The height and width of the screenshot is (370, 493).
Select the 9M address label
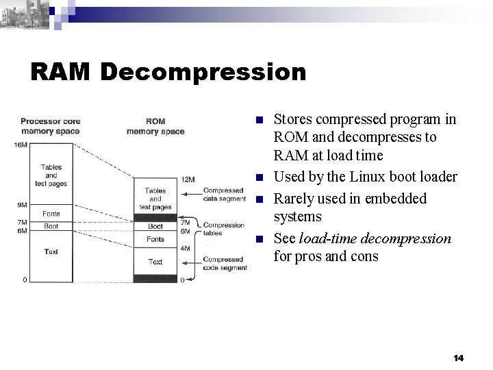coord(22,203)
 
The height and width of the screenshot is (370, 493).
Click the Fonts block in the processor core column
coord(51,214)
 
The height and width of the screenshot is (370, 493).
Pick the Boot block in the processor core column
coord(51,225)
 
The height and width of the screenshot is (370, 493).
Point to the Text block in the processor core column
coord(51,251)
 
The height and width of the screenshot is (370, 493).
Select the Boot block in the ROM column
coord(155,226)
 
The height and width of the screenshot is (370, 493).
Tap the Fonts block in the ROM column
coord(155,239)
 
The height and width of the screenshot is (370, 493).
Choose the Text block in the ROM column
coord(155,262)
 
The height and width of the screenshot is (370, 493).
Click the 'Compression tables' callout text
coord(224,229)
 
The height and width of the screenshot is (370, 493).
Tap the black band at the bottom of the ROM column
coord(155,278)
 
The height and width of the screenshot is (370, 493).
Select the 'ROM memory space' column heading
coord(155,127)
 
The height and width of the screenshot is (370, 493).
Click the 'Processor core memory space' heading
coord(50,127)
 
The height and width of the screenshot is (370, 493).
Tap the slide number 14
coord(459,358)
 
